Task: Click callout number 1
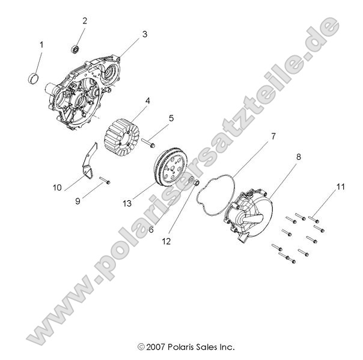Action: click(x=41, y=44)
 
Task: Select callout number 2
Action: click(x=85, y=21)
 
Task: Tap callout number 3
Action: click(x=144, y=35)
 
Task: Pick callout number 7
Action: click(x=171, y=118)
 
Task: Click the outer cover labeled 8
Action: click(x=249, y=213)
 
